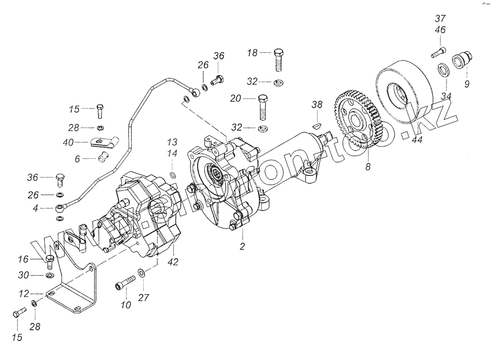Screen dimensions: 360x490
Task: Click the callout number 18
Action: point(252,53)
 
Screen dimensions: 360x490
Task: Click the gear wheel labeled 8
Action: point(356,123)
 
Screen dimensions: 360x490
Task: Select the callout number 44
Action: point(417,141)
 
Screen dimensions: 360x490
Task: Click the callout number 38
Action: point(317,103)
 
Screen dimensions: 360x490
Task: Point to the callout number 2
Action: point(242,246)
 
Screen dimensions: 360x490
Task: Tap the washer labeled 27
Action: point(141,272)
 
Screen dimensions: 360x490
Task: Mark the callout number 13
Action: point(172,142)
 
